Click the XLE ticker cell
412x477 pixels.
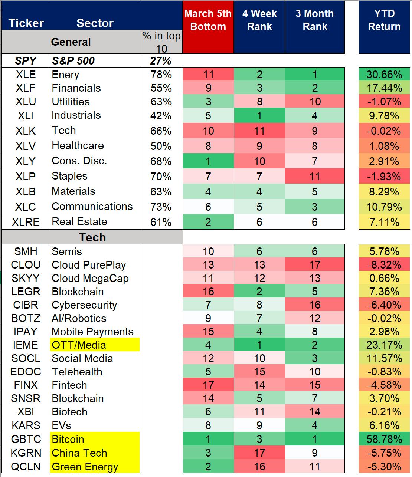pyautogui.click(x=26, y=75)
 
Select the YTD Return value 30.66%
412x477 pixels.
pyautogui.click(x=384, y=74)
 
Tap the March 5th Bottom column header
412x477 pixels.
pyautogui.click(x=208, y=27)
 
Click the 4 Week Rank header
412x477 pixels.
pyautogui.click(x=259, y=27)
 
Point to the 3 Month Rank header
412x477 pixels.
pyautogui.click(x=315, y=27)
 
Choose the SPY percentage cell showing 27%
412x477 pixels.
pyautogui.click(x=161, y=61)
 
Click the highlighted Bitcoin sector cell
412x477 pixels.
pyautogui.click(x=95, y=439)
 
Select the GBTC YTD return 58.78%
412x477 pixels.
pyautogui.click(x=384, y=439)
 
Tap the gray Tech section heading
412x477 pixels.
pyautogui.click(x=92, y=237)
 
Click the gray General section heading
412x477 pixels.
pyautogui.click(x=71, y=42)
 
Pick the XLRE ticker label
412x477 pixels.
pyautogui.click(x=26, y=222)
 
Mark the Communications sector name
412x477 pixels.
pyautogui.click(x=92, y=206)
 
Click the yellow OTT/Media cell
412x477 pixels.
pyautogui.click(x=95, y=345)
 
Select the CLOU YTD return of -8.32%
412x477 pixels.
pyautogui.click(x=384, y=265)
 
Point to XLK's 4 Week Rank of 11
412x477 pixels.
pyautogui.click(x=259, y=131)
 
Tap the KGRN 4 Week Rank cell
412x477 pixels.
pyautogui.click(x=259, y=453)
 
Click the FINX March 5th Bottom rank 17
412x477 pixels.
pyautogui.click(x=208, y=385)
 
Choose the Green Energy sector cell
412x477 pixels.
pyautogui.click(x=95, y=466)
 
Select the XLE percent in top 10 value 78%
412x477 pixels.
pyautogui.click(x=161, y=75)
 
